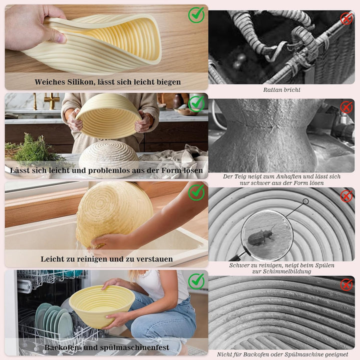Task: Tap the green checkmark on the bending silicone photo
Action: click(196, 14)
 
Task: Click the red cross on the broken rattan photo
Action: click(346, 18)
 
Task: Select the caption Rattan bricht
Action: click(281, 90)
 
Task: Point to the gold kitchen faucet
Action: click(52, 100)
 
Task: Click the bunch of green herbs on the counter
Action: click(34, 148)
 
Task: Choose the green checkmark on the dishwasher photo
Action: click(196, 281)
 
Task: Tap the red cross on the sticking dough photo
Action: click(346, 107)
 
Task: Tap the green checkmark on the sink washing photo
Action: click(196, 192)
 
